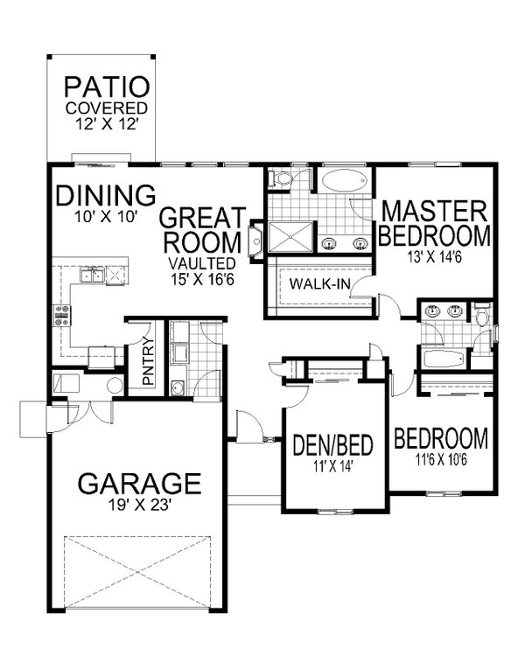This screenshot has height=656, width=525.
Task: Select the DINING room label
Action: tap(106, 195)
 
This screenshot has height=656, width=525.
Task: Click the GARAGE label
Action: tap(140, 483)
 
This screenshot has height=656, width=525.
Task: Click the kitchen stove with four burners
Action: tap(63, 316)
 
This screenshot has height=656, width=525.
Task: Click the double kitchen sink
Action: tap(98, 277)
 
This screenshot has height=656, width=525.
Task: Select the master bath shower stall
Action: tap(288, 237)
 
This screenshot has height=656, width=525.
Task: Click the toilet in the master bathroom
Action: tap(281, 179)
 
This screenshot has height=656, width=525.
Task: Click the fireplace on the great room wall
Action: tap(255, 237)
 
